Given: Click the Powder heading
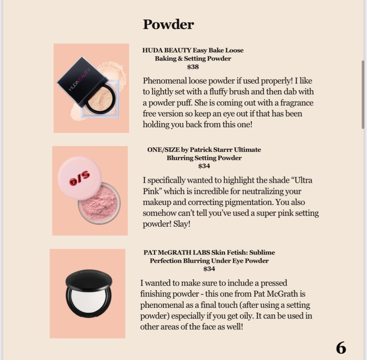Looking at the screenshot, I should coord(168,24).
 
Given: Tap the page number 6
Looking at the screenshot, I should coord(341,348).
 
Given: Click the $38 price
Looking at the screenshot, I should coord(193,67).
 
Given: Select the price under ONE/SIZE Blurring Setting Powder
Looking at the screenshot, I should coord(204,166).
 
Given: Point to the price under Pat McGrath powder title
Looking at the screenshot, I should coord(209,269).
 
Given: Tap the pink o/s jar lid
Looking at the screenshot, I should coord(79,178).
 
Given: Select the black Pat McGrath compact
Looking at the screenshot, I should coord(89,293).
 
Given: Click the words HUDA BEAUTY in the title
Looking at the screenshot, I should coord(167,50).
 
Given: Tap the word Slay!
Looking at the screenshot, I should coord(182,224).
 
